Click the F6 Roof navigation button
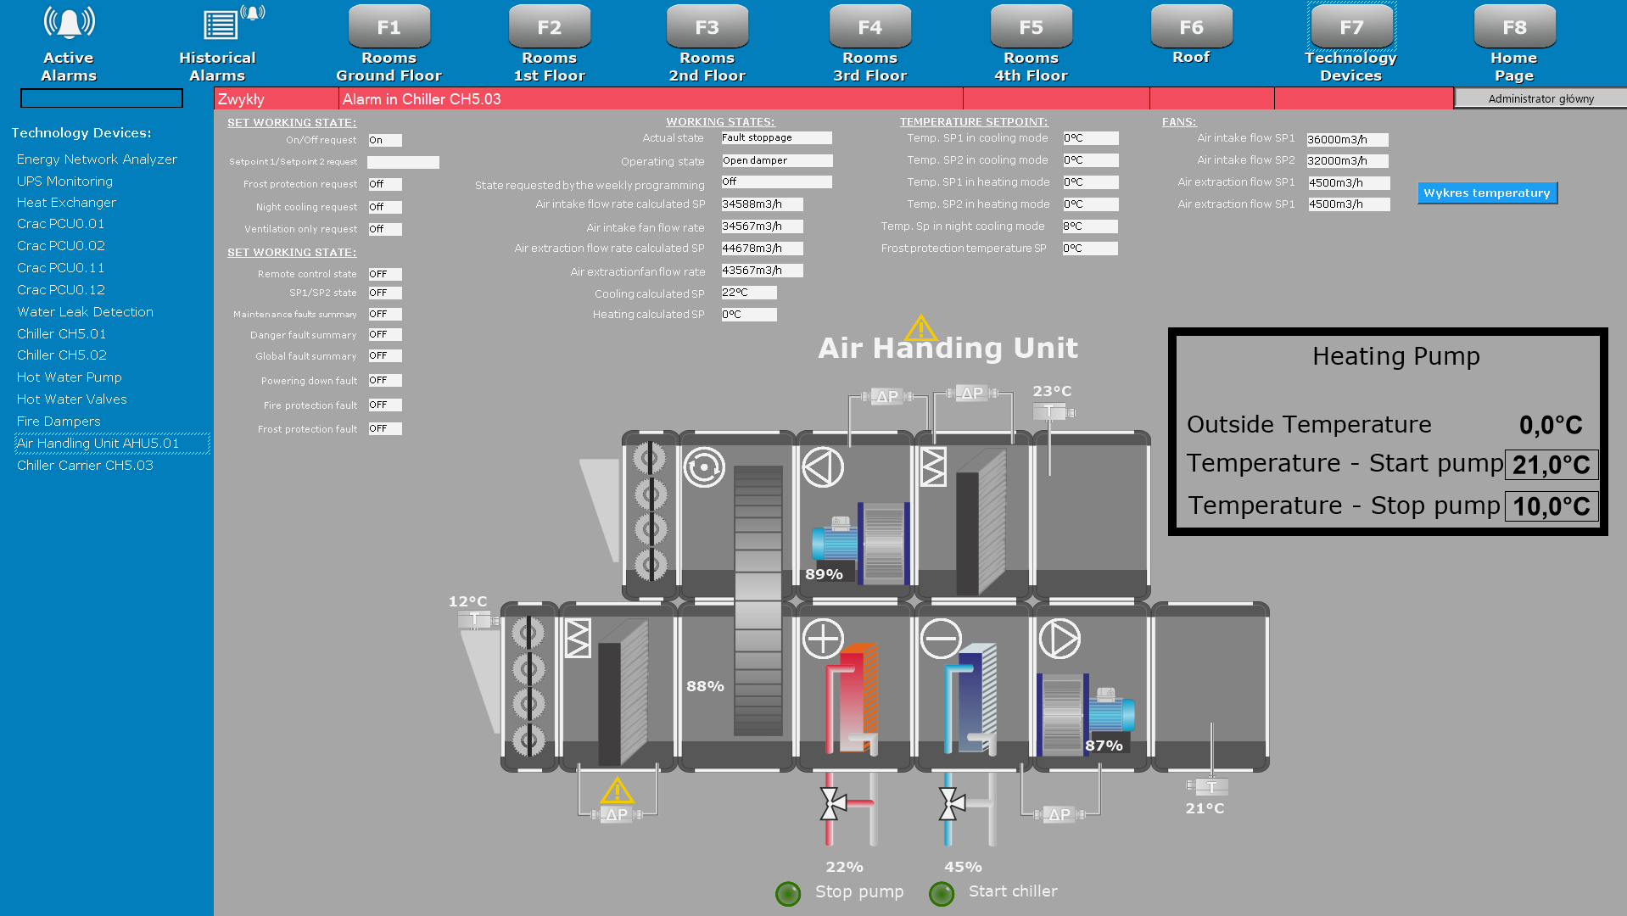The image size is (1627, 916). (1190, 27)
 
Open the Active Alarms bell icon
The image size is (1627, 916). (69, 23)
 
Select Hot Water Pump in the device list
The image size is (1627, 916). (70, 377)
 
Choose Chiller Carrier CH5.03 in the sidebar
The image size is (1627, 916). (85, 466)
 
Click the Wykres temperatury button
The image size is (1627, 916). (1486, 193)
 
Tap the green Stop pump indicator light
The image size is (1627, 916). (788, 893)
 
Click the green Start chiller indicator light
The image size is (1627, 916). (942, 893)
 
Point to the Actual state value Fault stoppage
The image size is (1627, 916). (775, 138)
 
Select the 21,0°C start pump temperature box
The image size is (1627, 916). (1551, 465)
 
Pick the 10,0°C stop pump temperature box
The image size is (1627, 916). (1551, 506)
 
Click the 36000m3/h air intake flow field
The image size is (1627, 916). (1346, 140)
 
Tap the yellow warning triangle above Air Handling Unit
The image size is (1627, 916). (920, 327)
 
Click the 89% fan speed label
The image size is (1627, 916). (824, 574)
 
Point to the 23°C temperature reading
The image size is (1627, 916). (1052, 391)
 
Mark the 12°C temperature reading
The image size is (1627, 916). (467, 601)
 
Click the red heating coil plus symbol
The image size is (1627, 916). (823, 639)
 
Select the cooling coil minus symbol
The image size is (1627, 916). (941, 639)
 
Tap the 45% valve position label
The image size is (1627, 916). (963, 867)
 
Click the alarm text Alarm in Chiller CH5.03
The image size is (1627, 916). (422, 99)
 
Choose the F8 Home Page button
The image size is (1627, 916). (1513, 27)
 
